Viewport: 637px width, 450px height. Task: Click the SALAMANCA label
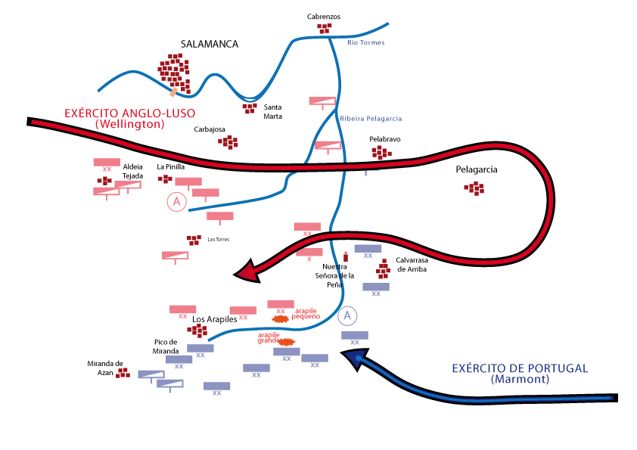210,44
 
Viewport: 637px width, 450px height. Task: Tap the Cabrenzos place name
324,16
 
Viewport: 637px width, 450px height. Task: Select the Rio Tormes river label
365,42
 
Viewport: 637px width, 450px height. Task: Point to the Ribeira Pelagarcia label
371,119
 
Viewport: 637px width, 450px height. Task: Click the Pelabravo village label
384,140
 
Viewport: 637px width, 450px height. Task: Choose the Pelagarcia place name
476,170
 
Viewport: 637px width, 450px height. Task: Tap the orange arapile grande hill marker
286,342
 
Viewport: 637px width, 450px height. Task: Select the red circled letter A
176,201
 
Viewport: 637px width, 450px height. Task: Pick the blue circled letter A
347,316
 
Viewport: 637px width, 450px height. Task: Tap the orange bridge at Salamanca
175,91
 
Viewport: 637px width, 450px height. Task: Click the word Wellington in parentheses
130,123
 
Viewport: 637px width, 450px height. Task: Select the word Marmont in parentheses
520,379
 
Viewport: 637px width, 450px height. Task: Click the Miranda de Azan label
105,368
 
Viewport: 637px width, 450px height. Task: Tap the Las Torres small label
218,240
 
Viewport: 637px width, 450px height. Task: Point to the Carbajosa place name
210,129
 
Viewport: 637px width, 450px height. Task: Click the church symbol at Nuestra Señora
346,257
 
